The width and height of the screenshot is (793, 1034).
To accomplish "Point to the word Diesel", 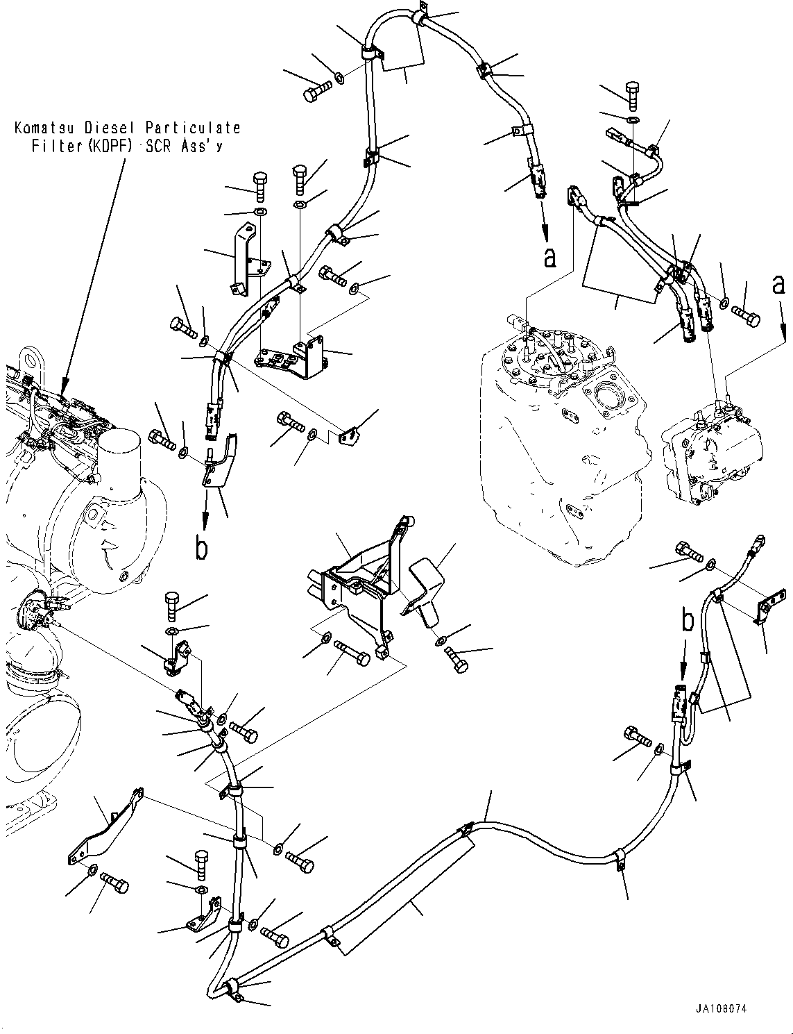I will click(x=110, y=128).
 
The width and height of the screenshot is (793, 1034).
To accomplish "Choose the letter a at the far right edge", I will click(x=779, y=285).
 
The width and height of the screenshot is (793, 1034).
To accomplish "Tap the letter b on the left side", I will click(x=201, y=549).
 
